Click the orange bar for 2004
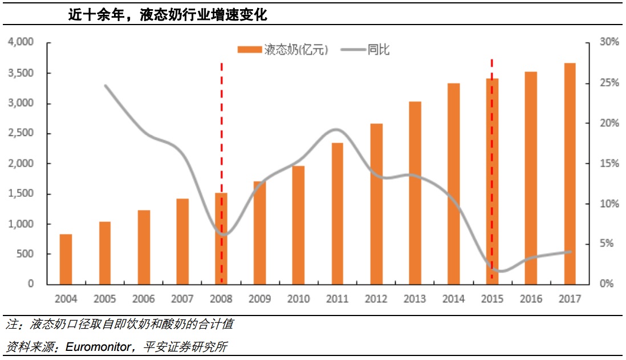tap(66, 259)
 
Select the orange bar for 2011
tap(338, 213)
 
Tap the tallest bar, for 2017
tap(570, 173)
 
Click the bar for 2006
tap(144, 247)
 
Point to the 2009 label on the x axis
tap(260, 299)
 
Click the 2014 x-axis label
tap(453, 299)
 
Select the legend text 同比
tap(379, 50)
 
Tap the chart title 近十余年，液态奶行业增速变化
tap(168, 15)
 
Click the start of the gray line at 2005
tap(105, 86)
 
